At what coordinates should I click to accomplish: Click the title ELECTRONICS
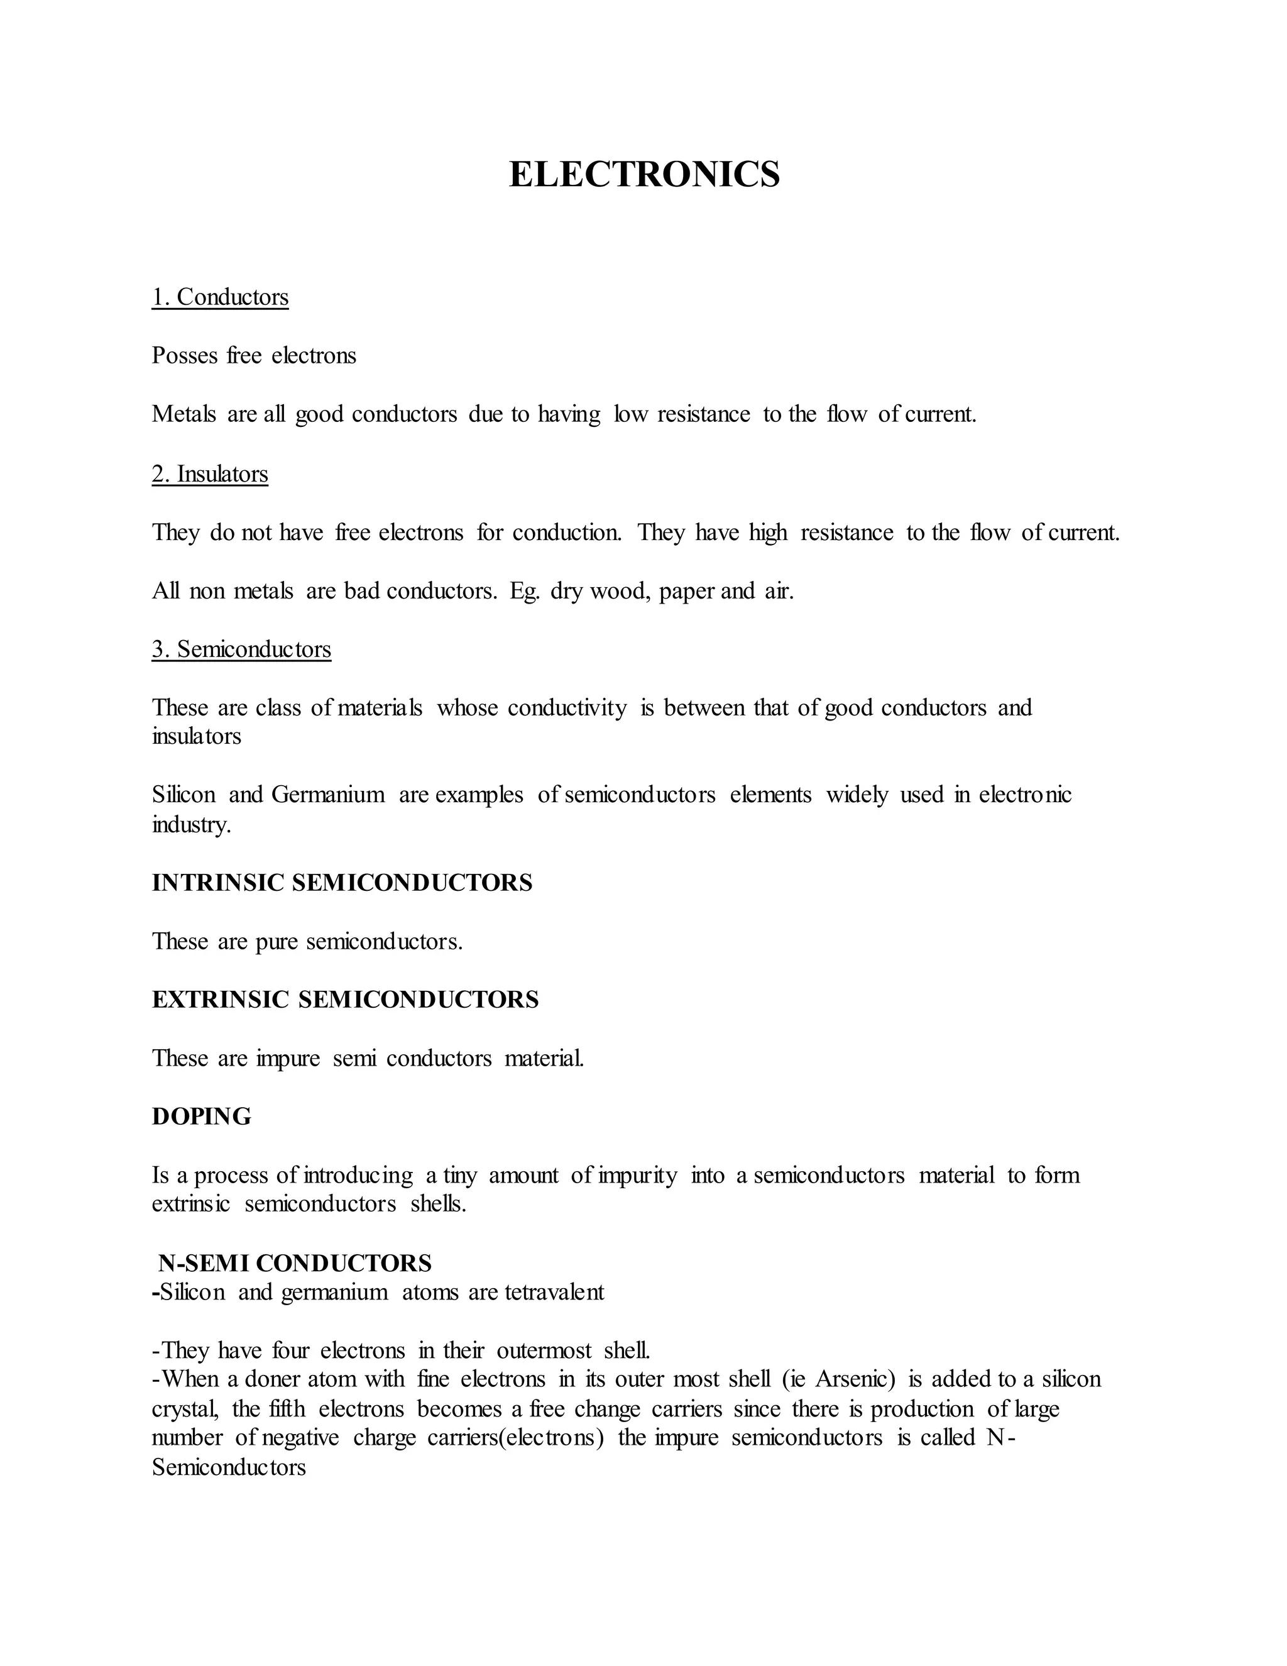644,175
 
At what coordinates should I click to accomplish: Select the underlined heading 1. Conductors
221,297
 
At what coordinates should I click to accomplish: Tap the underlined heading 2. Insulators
210,474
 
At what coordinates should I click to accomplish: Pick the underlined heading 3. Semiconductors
242,649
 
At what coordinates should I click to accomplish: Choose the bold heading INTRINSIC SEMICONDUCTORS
342,883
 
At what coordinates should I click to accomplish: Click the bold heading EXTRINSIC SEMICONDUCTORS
346,1000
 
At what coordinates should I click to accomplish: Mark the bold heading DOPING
201,1117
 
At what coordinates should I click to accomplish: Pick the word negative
300,1438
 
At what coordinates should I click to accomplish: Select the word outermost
544,1351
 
